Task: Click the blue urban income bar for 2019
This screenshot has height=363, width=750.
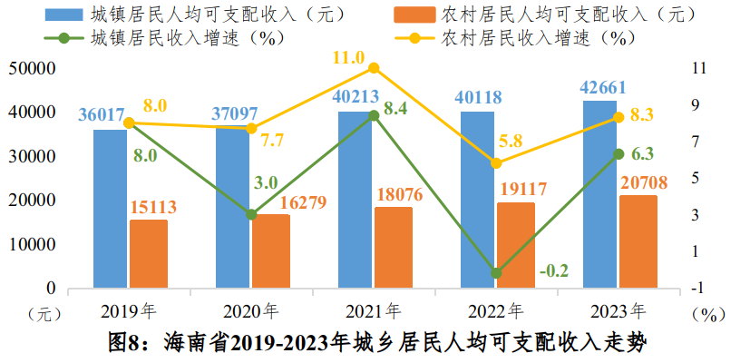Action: click(111, 209)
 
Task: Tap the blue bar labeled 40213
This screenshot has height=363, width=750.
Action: click(356, 200)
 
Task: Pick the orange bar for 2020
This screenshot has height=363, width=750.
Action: click(271, 251)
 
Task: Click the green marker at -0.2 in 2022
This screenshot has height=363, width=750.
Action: click(496, 272)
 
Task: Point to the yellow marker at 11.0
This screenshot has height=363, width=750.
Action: click(373, 68)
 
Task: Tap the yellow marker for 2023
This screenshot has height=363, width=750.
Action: click(619, 117)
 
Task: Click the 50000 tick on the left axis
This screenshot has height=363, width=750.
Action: click(34, 68)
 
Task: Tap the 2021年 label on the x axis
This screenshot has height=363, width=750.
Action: click(373, 312)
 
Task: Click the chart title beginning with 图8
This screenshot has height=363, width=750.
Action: click(375, 343)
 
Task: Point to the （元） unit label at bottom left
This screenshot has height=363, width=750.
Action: click(44, 313)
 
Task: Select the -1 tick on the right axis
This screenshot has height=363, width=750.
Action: click(696, 289)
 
